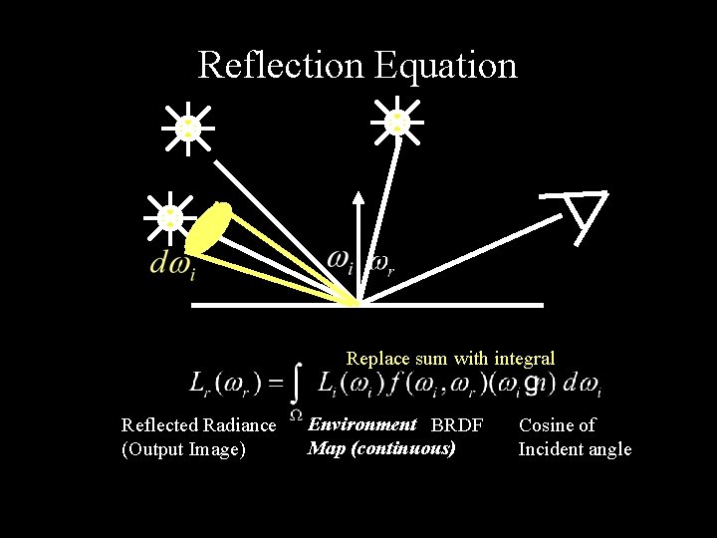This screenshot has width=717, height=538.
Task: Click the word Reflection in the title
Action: click(282, 65)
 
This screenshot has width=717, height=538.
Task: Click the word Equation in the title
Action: click(446, 66)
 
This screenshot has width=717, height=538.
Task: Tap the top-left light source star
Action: click(187, 128)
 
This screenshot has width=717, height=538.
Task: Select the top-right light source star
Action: click(397, 121)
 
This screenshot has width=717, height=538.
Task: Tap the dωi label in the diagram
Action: click(170, 265)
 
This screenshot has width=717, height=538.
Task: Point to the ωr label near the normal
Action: click(381, 264)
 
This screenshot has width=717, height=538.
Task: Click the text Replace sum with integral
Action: click(450, 358)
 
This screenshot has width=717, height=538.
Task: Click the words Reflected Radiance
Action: click(198, 425)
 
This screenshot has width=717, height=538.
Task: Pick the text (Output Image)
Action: click(183, 449)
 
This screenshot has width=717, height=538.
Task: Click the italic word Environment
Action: click(361, 424)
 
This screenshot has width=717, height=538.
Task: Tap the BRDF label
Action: click(456, 425)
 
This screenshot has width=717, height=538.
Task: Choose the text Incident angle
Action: click(575, 449)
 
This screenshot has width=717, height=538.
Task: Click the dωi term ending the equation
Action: click(582, 384)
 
